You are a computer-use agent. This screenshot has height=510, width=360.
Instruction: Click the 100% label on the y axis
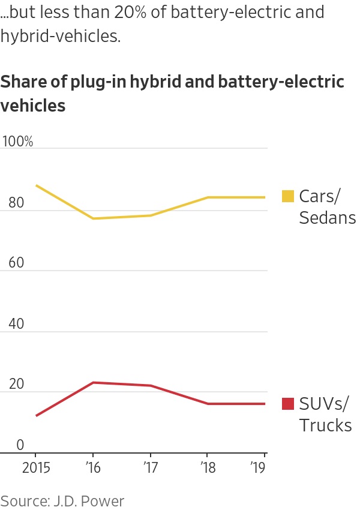(x=17, y=142)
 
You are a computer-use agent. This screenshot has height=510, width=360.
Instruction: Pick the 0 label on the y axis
(x=20, y=445)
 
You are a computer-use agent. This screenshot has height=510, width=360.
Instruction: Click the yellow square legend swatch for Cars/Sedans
(x=288, y=196)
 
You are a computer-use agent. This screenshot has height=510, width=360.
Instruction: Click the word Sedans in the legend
(x=327, y=218)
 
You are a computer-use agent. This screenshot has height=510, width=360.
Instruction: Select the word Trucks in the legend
(x=325, y=425)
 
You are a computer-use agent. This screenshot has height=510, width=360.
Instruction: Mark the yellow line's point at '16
(x=92, y=218)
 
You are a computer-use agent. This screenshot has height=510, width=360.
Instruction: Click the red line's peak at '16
(x=92, y=382)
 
